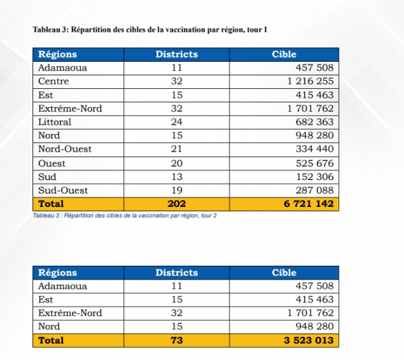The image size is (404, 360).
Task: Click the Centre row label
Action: pyautogui.click(x=54, y=81)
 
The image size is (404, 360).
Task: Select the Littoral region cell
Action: pyautogui.click(x=55, y=122)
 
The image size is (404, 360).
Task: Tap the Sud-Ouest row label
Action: pyautogui.click(x=63, y=190)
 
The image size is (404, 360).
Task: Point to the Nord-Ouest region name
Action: pyautogui.click(x=65, y=149)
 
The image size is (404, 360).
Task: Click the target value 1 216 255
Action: pyautogui.click(x=310, y=81)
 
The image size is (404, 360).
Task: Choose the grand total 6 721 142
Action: pyautogui.click(x=308, y=204)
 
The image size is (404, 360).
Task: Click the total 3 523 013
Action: pyautogui.click(x=308, y=340)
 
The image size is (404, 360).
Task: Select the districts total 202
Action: pyautogui.click(x=177, y=204)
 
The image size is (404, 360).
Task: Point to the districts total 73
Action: pyautogui.click(x=177, y=340)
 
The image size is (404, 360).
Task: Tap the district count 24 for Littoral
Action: pyautogui.click(x=177, y=122)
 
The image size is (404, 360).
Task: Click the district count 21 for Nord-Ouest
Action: pyautogui.click(x=177, y=149)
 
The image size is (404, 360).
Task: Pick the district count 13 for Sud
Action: pyautogui.click(x=177, y=177)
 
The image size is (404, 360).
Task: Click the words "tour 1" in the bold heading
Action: pyautogui.click(x=257, y=30)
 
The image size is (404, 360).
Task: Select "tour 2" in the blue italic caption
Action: pyautogui.click(x=208, y=216)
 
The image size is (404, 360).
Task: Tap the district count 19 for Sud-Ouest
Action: pyautogui.click(x=177, y=190)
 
